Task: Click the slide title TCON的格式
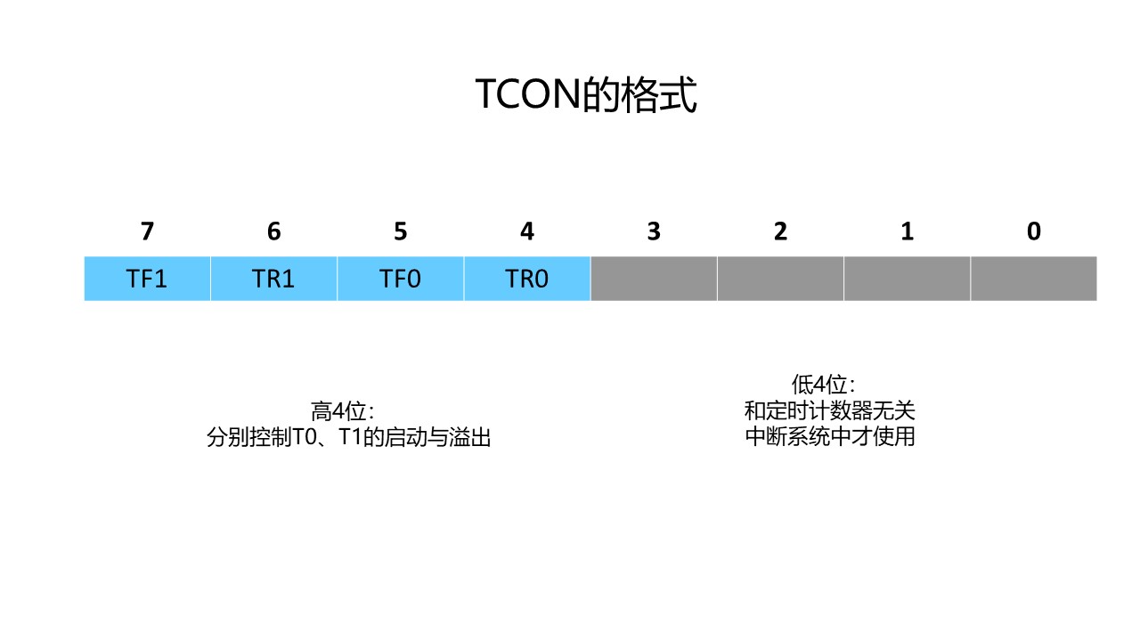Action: point(586,95)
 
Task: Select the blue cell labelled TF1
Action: point(147,279)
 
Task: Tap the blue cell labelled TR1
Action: point(273,279)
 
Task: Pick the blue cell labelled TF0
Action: point(400,279)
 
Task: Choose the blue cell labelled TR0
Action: point(526,279)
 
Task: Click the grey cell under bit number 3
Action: point(654,279)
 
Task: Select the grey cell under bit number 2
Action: point(780,279)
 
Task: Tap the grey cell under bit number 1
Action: point(907,279)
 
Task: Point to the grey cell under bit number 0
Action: point(1033,279)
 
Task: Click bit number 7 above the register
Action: point(147,231)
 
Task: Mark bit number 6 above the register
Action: point(273,231)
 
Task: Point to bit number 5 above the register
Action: point(400,231)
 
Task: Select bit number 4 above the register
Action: point(526,231)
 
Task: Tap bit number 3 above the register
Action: point(654,231)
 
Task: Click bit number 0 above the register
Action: point(1033,231)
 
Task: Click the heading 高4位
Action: point(342,411)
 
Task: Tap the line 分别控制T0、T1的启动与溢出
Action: point(349,438)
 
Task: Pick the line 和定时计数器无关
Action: point(830,411)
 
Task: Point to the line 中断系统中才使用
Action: point(830,437)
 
